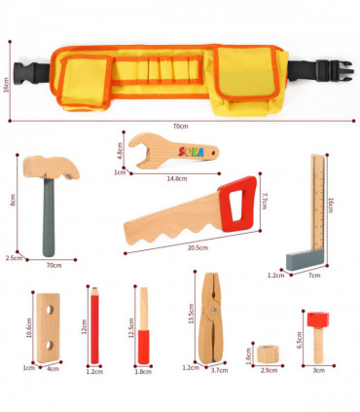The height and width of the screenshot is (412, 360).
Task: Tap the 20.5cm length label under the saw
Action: click(x=198, y=248)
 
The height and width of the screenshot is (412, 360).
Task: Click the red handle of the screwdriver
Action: click(x=143, y=344)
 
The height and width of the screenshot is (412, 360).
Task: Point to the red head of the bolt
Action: click(x=318, y=319)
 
